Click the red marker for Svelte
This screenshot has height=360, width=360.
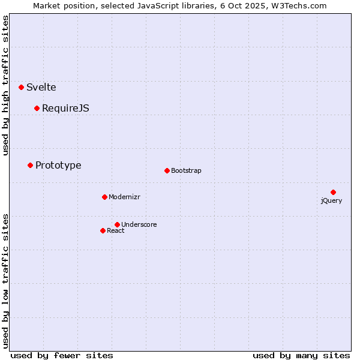coord(22,87)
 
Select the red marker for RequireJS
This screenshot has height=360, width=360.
coord(37,108)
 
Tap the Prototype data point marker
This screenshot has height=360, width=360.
coord(31,165)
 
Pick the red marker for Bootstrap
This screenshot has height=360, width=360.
coord(167,170)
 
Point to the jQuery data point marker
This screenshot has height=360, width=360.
coord(333,192)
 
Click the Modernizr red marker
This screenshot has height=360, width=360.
coord(104,197)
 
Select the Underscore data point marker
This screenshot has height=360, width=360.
coord(117,224)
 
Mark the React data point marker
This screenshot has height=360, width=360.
coord(103,230)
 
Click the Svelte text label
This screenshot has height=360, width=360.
coord(41,87)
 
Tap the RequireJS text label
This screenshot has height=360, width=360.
coord(65,108)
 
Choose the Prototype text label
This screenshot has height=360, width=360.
coord(58,165)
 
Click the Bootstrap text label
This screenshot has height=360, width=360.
coord(186,170)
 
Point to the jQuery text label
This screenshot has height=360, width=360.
coord(331,200)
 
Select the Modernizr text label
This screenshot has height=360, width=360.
coord(124,197)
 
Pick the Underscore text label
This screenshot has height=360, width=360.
coord(139,224)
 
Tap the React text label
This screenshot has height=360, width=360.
coord(116,230)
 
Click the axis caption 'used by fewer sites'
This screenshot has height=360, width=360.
coord(62,355)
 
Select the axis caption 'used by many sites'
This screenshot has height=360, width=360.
coord(301,355)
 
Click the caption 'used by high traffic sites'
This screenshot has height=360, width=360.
coord(6,85)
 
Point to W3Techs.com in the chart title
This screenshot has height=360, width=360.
coord(298,5)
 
